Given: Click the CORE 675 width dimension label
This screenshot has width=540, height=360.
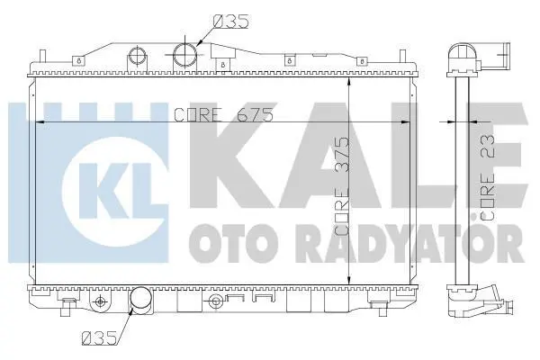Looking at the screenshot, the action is (223, 114).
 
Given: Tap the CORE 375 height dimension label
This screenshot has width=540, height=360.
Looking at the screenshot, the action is (342, 186).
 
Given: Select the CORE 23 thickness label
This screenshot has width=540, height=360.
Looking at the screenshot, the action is (487, 177).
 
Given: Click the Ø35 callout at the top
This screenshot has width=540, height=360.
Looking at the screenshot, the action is (230, 22).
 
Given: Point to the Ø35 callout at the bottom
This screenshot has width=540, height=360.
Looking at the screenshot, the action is (99, 338).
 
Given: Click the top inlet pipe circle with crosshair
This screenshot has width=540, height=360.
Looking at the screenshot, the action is (185, 55).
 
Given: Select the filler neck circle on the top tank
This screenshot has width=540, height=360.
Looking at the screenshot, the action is (138, 55).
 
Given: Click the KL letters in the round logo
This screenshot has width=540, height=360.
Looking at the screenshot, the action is (114, 191).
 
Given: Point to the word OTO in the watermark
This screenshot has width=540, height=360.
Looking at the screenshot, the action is (229, 243).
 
